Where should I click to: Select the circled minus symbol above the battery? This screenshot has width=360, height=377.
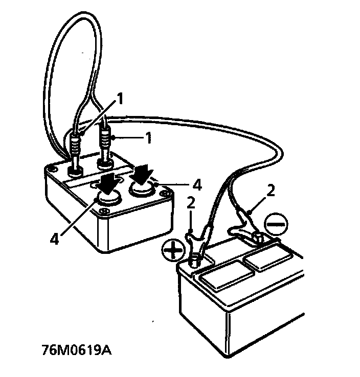tap(276, 223)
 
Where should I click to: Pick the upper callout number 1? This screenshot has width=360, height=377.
tap(121, 98)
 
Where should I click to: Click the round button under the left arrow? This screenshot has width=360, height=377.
tap(108, 198)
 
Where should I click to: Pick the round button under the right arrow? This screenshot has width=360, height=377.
tap(141, 190)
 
